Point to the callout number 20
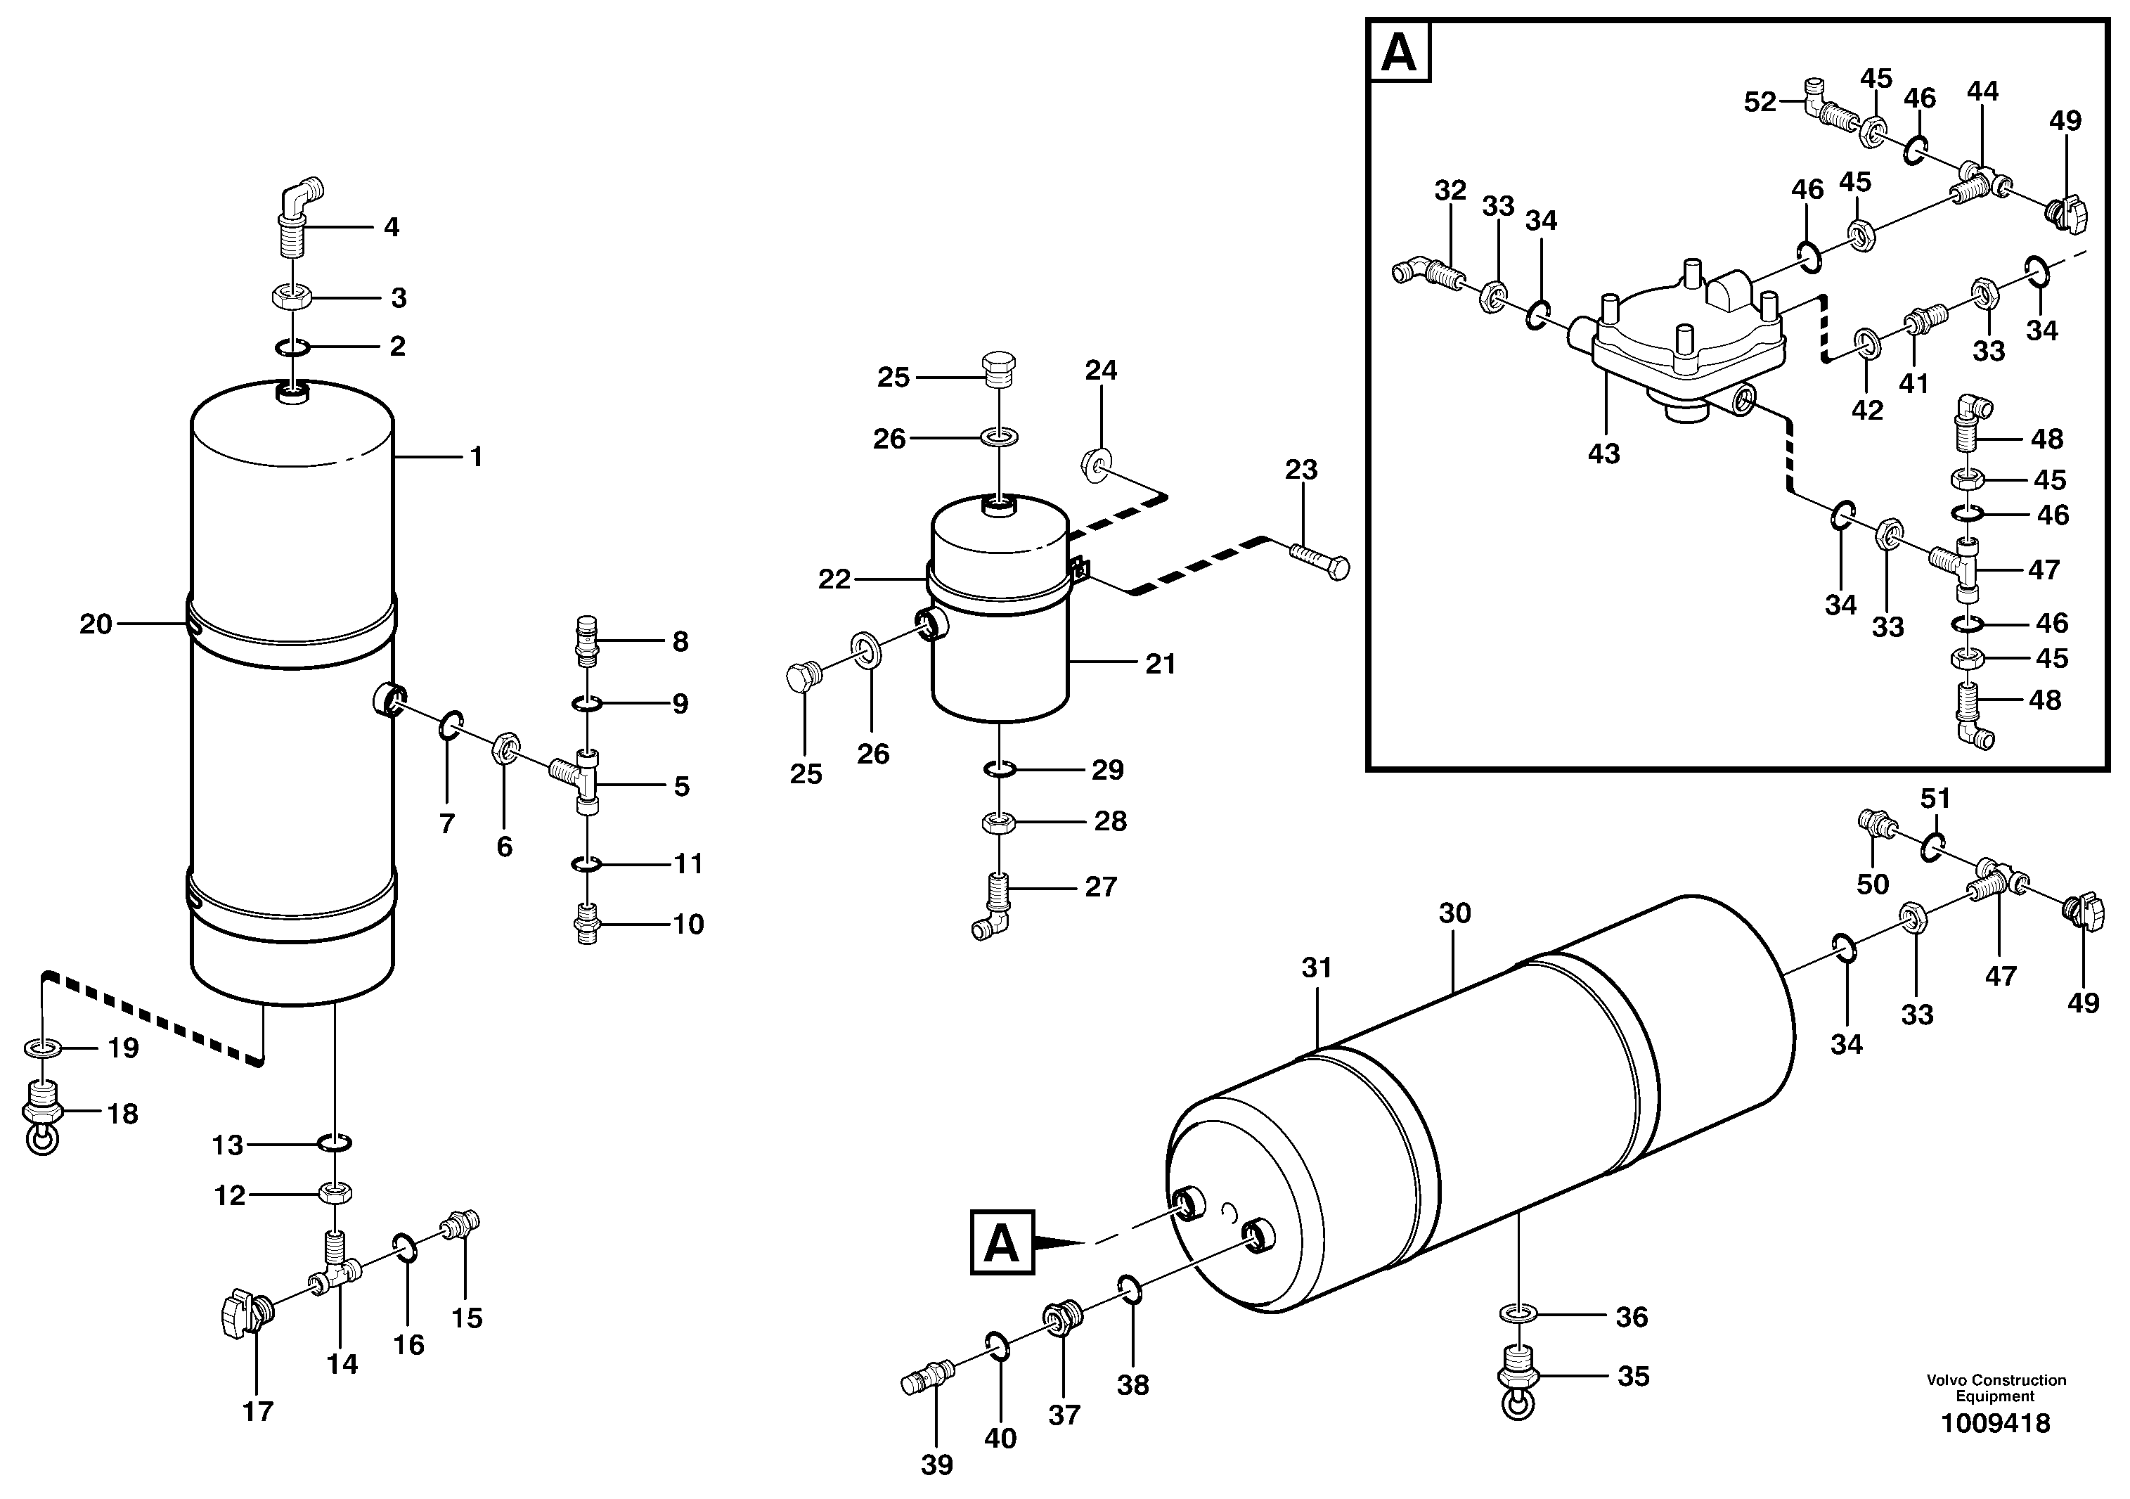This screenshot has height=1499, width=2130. pos(96,624)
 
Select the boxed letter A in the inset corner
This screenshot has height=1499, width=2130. pos(1399,53)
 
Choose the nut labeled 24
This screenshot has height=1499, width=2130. pos(1096,462)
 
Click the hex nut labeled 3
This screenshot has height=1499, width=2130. pos(290,297)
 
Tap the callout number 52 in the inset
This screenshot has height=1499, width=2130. pos(1760,102)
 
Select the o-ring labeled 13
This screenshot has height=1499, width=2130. pos(335,1143)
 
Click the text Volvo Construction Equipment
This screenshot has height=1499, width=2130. pos(1996,1388)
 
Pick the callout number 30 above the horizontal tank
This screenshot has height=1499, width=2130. pos(1454,914)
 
